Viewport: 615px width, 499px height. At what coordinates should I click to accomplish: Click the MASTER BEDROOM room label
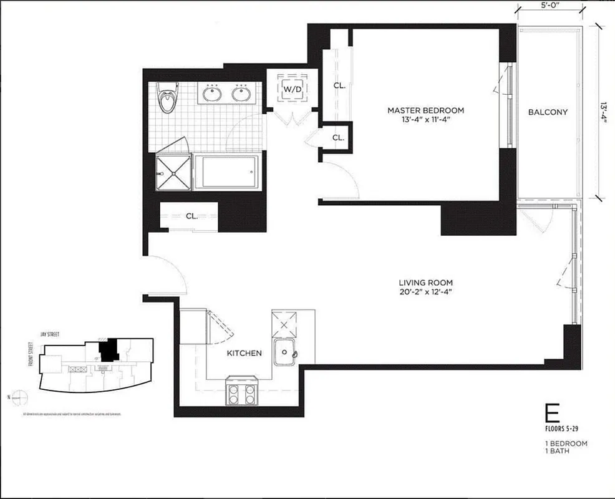coord(425,110)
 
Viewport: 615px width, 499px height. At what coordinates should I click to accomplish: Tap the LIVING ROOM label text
coord(427,281)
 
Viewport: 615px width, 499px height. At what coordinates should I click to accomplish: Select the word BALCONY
coord(548,112)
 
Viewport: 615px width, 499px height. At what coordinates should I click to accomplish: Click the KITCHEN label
coord(244,353)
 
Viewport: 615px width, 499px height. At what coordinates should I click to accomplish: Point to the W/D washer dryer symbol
coord(293,89)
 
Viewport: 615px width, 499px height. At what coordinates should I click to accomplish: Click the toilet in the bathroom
coord(166,99)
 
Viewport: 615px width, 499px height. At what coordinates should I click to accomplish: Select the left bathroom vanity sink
coord(211,94)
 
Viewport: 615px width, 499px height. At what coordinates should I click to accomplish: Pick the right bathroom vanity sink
coord(241,94)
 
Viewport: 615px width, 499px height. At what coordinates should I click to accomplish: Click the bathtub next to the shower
coord(226,171)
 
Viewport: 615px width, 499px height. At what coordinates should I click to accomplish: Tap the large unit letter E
coord(551,415)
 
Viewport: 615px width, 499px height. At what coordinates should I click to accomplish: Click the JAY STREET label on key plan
coord(49,335)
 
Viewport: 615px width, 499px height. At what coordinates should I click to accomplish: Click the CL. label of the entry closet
coord(191,216)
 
